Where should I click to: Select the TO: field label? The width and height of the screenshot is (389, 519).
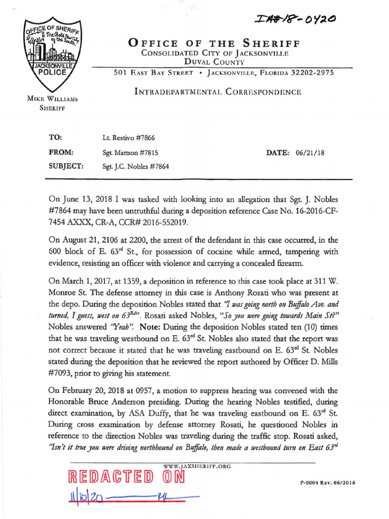pos(54,137)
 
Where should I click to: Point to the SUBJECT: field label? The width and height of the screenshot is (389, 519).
pos(66,166)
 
